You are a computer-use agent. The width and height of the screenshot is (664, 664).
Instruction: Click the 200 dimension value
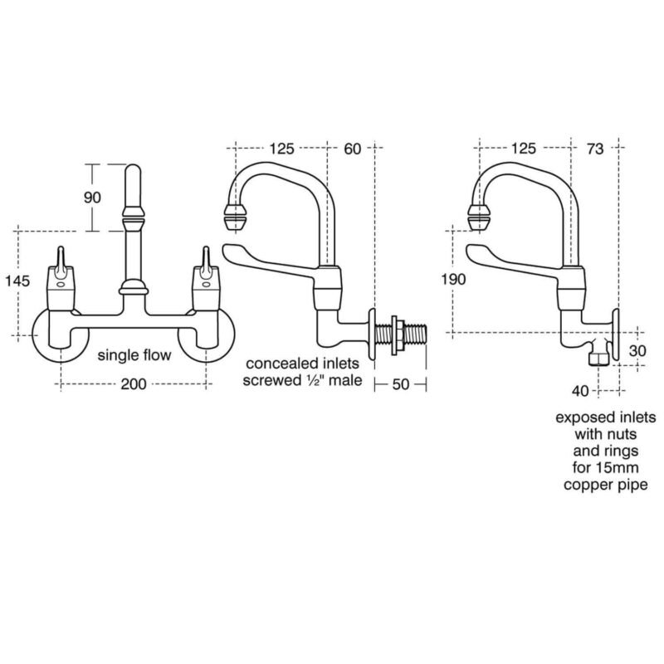pos(134,384)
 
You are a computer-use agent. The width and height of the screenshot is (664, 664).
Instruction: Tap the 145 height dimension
pos(17,281)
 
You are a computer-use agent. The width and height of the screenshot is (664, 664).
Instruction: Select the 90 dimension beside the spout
pos(92,198)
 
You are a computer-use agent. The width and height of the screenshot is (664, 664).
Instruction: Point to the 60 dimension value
pos(352,149)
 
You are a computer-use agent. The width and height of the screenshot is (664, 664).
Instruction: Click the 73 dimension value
pos(595,149)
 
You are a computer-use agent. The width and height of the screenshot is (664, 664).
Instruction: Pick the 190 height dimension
pos(453,279)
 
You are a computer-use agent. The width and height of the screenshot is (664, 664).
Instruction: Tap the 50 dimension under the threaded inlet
pos(401,384)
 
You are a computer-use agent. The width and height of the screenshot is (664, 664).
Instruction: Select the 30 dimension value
pos(637,350)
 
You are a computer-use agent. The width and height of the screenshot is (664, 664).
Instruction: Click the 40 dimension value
pos(580,391)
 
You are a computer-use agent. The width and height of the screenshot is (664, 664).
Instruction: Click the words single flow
pos(134,355)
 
